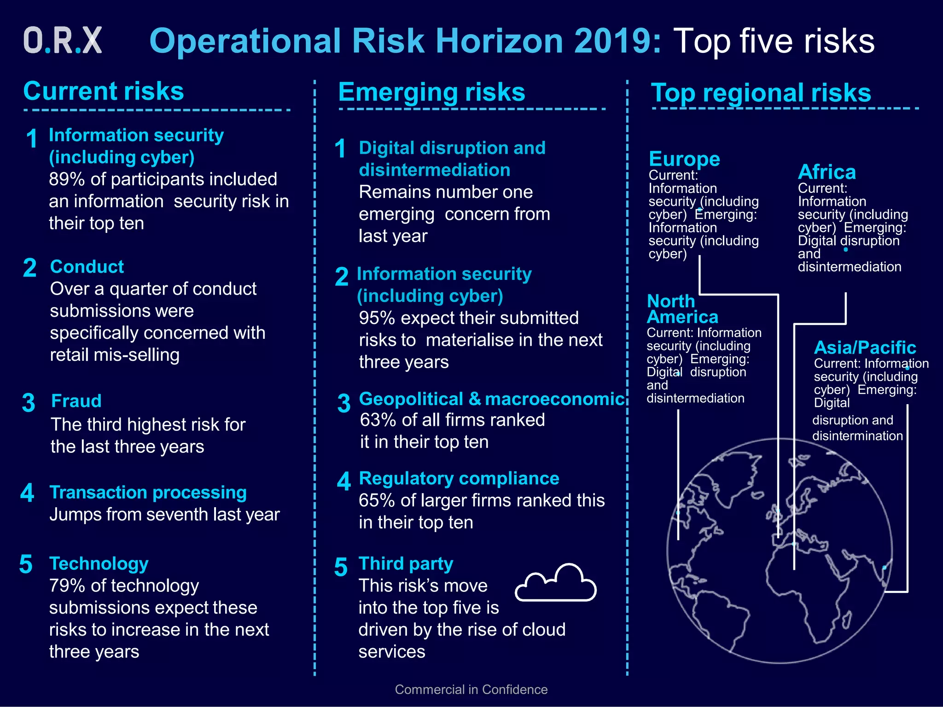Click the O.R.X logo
pos(63,41)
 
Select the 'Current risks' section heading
pos(104,91)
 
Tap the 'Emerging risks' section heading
pos(431,92)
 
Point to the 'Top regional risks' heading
pos(761,93)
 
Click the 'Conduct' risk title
pos(87,267)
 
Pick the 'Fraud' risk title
pos(76,401)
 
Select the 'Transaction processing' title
pos(148,493)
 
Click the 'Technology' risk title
pos(99,564)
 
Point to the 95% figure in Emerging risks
pos(377,318)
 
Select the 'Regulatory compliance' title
pos(459,479)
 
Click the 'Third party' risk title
pos(406,564)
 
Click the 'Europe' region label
pos(684,159)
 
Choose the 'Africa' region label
pos(827,172)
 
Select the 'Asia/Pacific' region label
pos(865,348)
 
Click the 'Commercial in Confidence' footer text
pos(471,690)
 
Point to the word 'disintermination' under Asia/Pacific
pos(857,436)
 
